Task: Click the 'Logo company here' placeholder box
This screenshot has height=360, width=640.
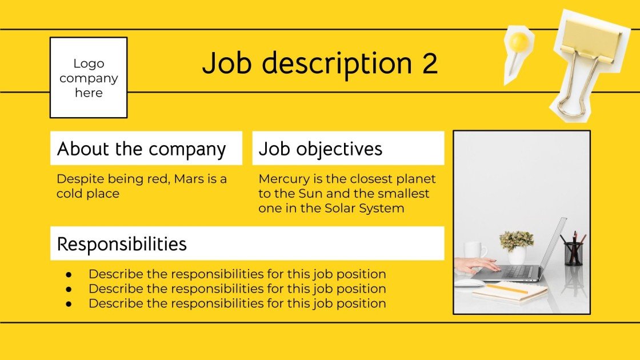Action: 89,78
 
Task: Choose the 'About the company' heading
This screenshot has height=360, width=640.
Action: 142,149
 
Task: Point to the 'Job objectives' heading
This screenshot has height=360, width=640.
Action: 321,149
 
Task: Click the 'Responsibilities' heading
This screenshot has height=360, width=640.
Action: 122,244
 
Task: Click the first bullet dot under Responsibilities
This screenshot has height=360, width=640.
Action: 69,274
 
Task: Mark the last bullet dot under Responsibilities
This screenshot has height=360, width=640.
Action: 69,304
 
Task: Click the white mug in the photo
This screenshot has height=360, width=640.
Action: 474,250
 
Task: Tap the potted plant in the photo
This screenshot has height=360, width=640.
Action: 517,243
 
